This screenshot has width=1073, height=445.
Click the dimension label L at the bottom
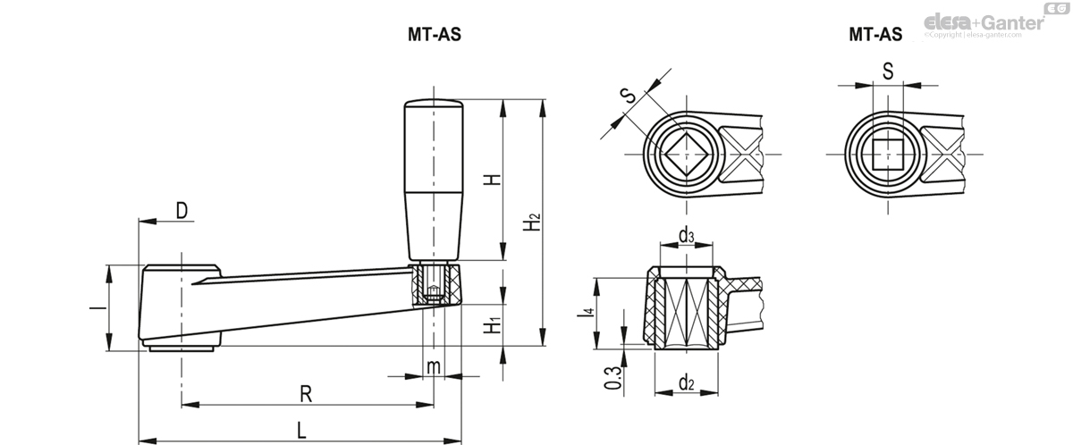click(302, 430)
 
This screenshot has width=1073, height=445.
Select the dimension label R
click(306, 392)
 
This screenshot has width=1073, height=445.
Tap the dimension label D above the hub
click(182, 211)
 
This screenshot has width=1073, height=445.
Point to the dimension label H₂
click(532, 222)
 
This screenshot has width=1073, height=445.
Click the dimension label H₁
click(491, 323)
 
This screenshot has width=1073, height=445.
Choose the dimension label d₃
click(686, 236)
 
